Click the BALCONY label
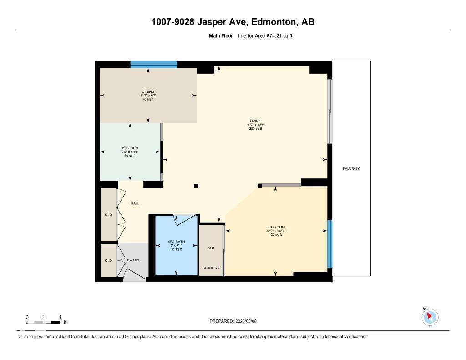pos(351,169)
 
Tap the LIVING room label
pos(255,121)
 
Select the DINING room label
pos(148,92)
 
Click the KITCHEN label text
pos(130,148)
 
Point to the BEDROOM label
pos(275,227)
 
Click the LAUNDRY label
pos(211,268)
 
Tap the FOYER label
pos(133,260)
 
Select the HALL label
pos(135,203)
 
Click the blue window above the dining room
pos(153,64)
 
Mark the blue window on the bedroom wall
pos(330,244)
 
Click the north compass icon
pos(430,317)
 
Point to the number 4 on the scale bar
pos(60,317)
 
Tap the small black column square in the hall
pos(196,186)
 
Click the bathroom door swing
pos(185,220)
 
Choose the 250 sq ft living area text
pos(255,129)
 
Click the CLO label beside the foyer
pos(108,261)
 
